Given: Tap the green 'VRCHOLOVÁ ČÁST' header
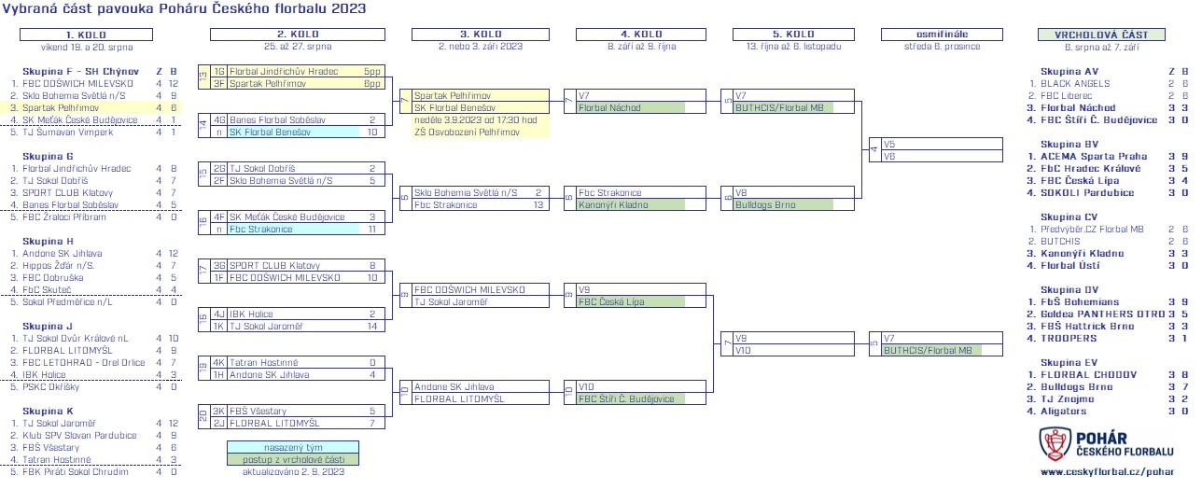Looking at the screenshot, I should pos(1101,35).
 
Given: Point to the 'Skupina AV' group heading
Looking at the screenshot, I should pos(1069,71).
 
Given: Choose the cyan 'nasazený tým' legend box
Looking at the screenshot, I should pos(292,447).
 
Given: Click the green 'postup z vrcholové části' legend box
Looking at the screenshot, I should pos(292,459).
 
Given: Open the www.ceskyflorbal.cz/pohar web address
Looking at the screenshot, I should pos(1107,472).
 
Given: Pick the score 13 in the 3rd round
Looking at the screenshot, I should pos(538,204).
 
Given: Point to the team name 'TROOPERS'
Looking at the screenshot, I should pos(1062,338).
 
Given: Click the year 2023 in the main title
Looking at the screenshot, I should pos(346,8).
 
